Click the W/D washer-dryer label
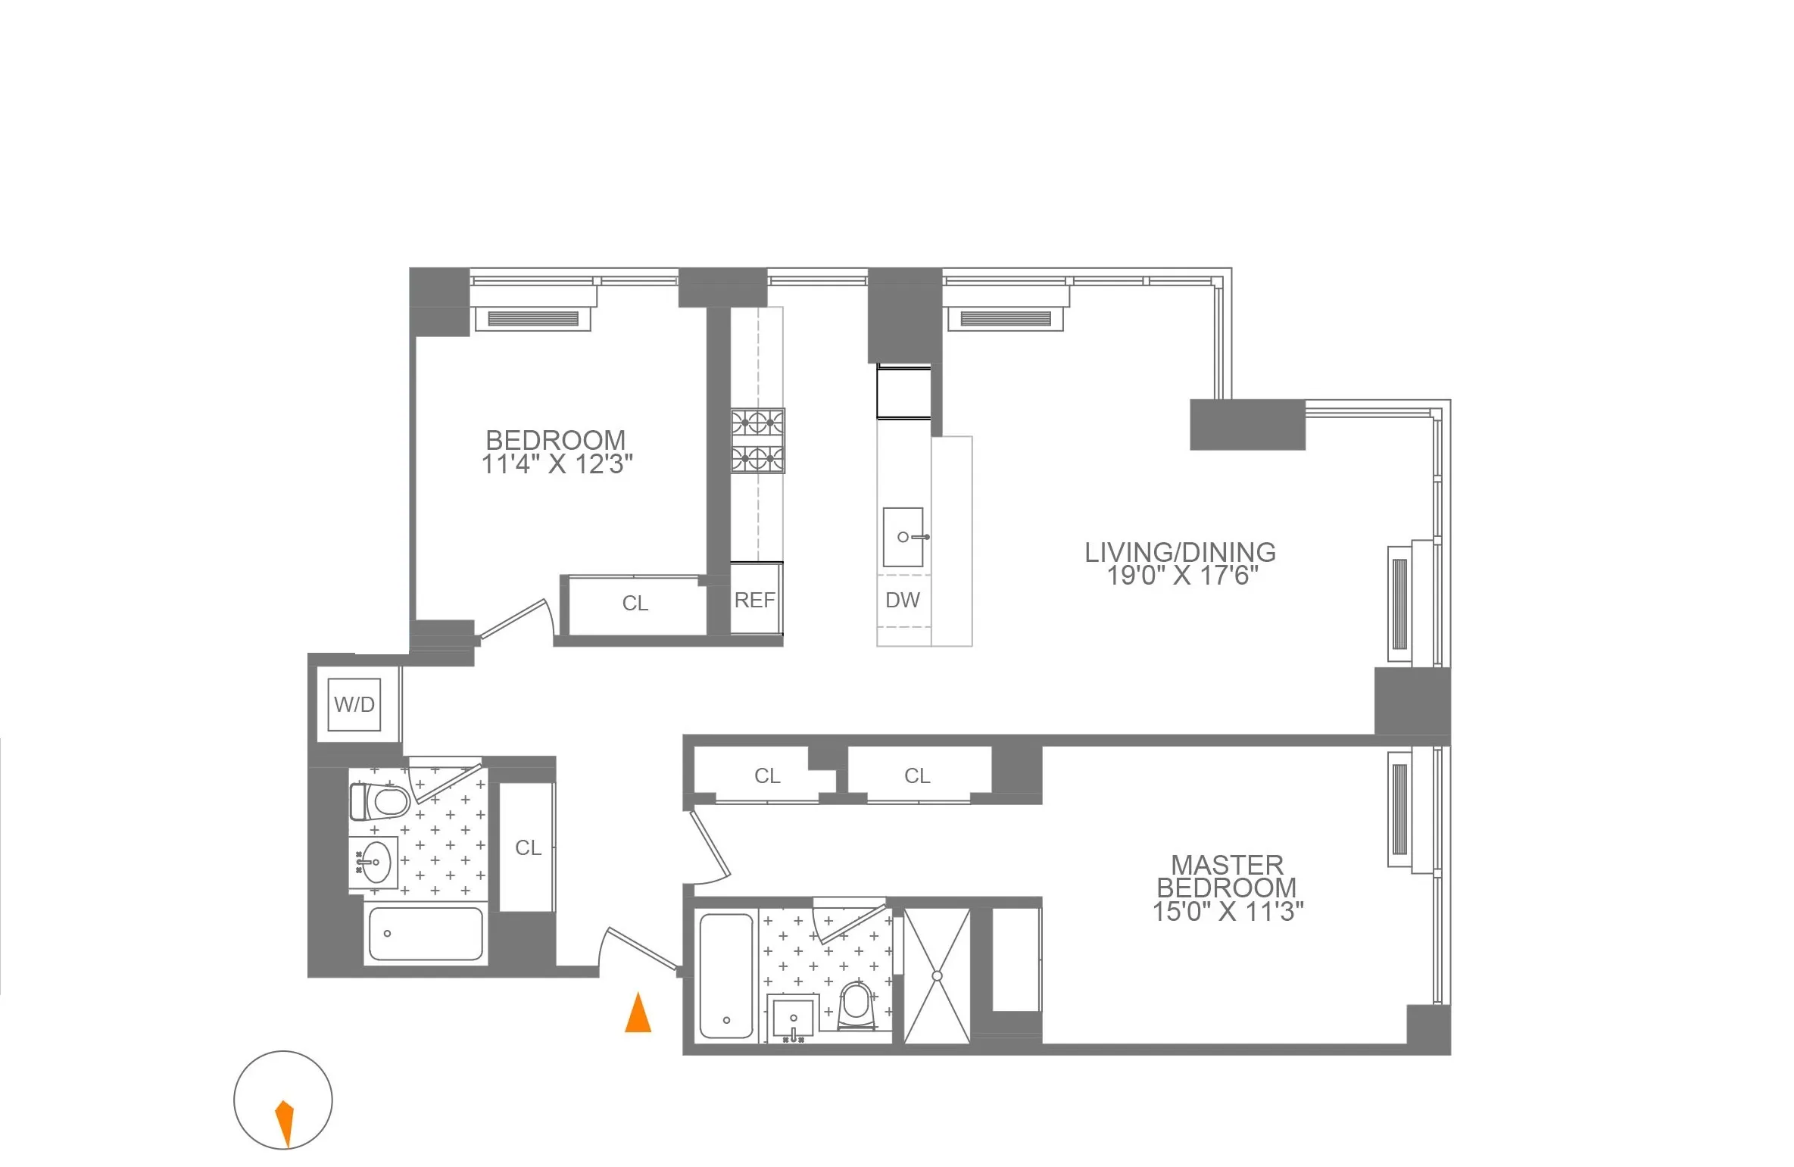(354, 705)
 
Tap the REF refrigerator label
(754, 601)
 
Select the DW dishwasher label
(903, 601)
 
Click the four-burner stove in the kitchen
(757, 441)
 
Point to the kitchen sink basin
(903, 537)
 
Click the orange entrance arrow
(638, 1013)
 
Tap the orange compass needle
(285, 1122)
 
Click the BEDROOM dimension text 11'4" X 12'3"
(557, 464)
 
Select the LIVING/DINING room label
(1180, 552)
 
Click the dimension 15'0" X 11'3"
(1228, 911)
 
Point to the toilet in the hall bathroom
(381, 801)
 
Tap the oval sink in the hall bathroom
(375, 862)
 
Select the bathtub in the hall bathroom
(425, 934)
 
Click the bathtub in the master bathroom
(726, 975)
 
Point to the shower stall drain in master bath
(938, 976)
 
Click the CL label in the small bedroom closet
(635, 604)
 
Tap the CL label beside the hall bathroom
(528, 847)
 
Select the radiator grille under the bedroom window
(532, 319)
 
